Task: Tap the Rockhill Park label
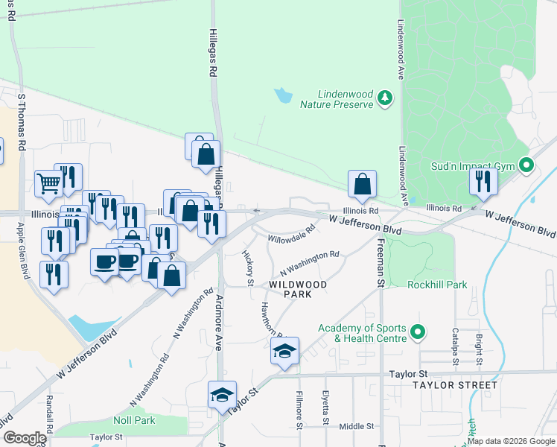click(437, 284)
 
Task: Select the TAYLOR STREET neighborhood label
click(454, 385)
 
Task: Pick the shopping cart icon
click(48, 181)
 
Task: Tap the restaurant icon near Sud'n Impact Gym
click(483, 182)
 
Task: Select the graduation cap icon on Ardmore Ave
click(222, 395)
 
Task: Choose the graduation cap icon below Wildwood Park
click(284, 350)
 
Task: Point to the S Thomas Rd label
click(22, 123)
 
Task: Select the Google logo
click(24, 438)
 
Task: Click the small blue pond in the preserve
click(283, 95)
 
